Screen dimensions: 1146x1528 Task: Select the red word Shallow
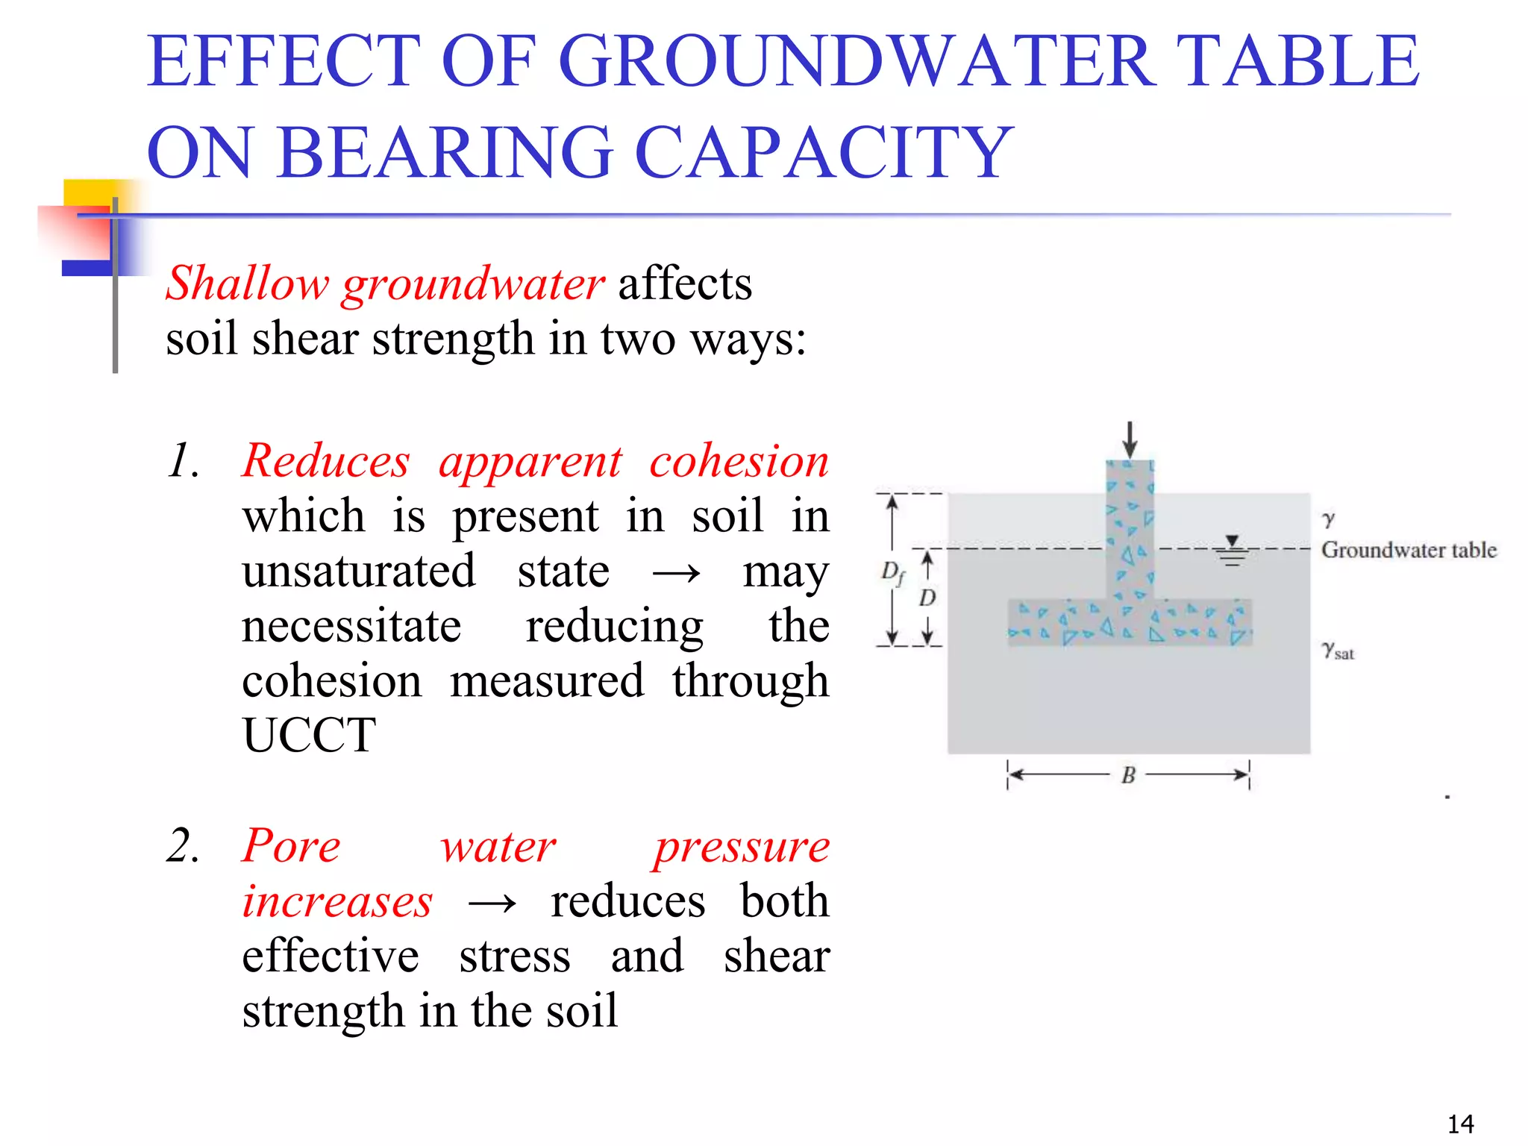pyautogui.click(x=247, y=284)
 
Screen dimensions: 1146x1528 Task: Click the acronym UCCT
pyautogui.click(x=309, y=736)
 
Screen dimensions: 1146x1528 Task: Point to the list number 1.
pyautogui.click(x=183, y=460)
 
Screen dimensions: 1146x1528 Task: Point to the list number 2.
pyautogui.click(x=183, y=846)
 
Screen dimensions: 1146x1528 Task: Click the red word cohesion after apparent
pyautogui.click(x=739, y=462)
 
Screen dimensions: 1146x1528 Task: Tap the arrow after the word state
pyautogui.click(x=676, y=573)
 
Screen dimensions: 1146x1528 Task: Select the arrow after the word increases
pyautogui.click(x=492, y=904)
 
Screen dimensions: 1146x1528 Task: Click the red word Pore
pyautogui.click(x=292, y=846)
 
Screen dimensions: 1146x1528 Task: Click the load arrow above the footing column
pyautogui.click(x=1130, y=439)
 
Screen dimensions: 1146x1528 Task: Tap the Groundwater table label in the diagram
pyautogui.click(x=1408, y=550)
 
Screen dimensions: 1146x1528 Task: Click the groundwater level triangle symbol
pyautogui.click(x=1232, y=541)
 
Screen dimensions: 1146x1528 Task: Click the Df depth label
pyautogui.click(x=892, y=573)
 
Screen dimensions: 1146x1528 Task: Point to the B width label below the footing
pyautogui.click(x=1128, y=776)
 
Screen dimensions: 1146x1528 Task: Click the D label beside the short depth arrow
pyautogui.click(x=927, y=598)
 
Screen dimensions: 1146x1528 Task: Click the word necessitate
pyautogui.click(x=351, y=626)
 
